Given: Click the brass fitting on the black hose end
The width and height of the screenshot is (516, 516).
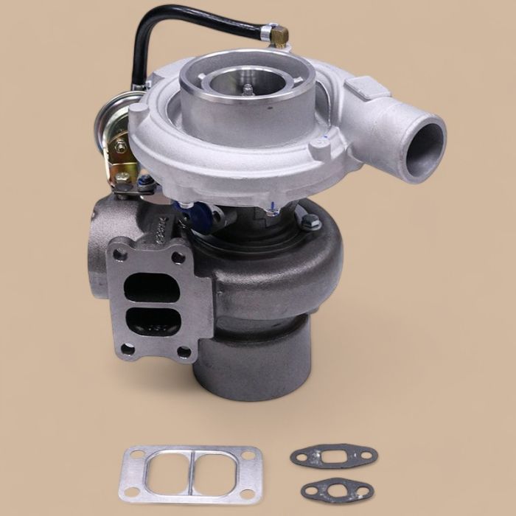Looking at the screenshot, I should pos(279,34).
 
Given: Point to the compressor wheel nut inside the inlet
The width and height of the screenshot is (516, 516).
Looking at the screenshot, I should pos(248,89).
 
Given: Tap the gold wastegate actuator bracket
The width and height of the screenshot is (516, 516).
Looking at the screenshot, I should pos(120,162).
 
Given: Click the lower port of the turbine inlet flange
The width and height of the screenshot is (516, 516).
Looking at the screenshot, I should pos(152,321).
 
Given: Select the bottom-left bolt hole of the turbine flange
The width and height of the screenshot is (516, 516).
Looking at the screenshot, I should pos(127,349).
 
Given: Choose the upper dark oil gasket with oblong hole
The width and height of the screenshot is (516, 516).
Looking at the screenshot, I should pos(332,456).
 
